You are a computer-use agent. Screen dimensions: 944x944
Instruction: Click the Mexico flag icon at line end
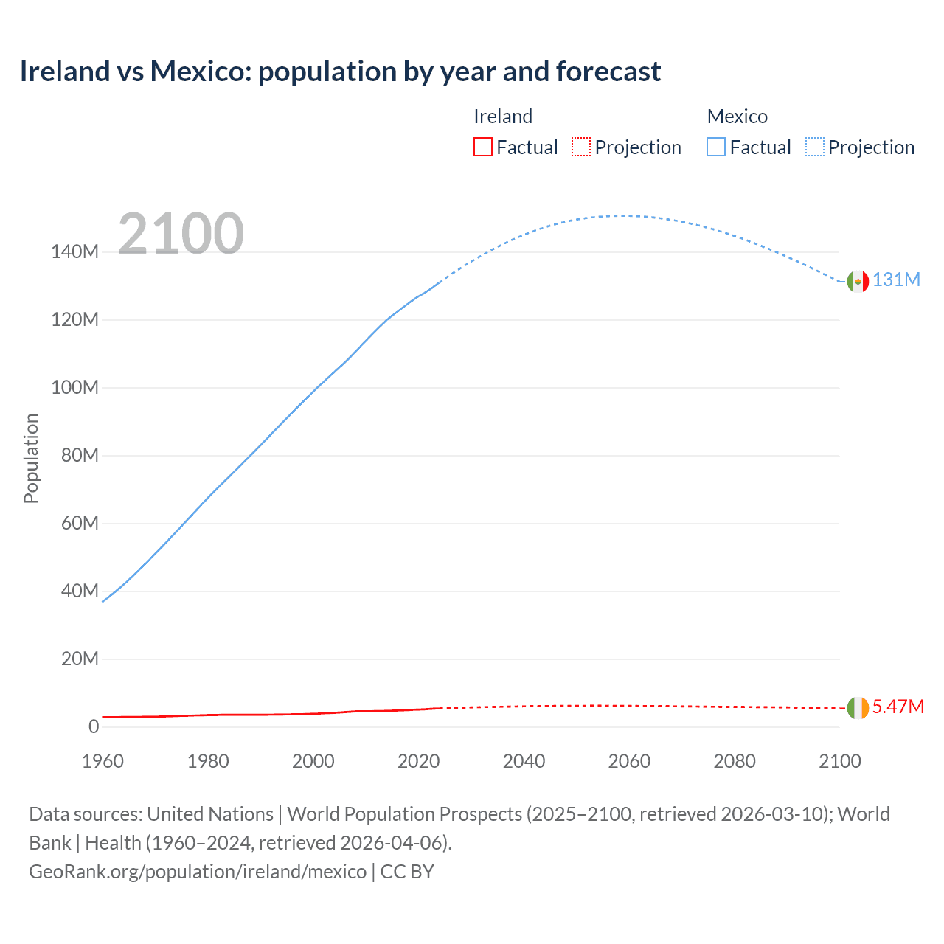pyautogui.click(x=858, y=281)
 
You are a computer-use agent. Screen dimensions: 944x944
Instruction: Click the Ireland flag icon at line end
pyautogui.click(x=858, y=708)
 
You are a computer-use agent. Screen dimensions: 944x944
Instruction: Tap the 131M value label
pyautogui.click(x=896, y=280)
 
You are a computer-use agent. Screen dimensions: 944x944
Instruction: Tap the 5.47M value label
pyautogui.click(x=898, y=707)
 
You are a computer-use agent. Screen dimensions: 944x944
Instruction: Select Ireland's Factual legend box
pyautogui.click(x=483, y=147)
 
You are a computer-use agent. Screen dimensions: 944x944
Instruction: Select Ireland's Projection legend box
pyautogui.click(x=581, y=147)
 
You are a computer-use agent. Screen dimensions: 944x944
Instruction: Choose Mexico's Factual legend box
pyautogui.click(x=716, y=147)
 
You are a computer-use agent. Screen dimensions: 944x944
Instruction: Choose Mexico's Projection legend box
pyautogui.click(x=815, y=147)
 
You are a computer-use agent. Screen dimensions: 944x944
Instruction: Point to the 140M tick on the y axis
pyautogui.click(x=74, y=252)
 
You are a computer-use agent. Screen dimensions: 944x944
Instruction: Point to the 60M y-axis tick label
pyautogui.click(x=80, y=524)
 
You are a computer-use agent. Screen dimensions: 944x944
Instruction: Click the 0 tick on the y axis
pyautogui.click(x=94, y=727)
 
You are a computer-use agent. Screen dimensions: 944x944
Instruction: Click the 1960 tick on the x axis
pyautogui.click(x=103, y=761)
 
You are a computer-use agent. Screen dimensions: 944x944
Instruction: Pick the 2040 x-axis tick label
pyautogui.click(x=524, y=761)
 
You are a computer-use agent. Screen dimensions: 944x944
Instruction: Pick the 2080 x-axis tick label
pyautogui.click(x=735, y=761)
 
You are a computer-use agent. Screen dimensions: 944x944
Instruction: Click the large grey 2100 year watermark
pyautogui.click(x=181, y=234)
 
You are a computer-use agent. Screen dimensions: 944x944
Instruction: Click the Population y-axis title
pyautogui.click(x=31, y=458)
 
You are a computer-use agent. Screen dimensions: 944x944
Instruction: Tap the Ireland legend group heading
pyautogui.click(x=503, y=117)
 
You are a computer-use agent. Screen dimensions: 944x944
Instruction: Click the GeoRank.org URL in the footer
pyautogui.click(x=198, y=872)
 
